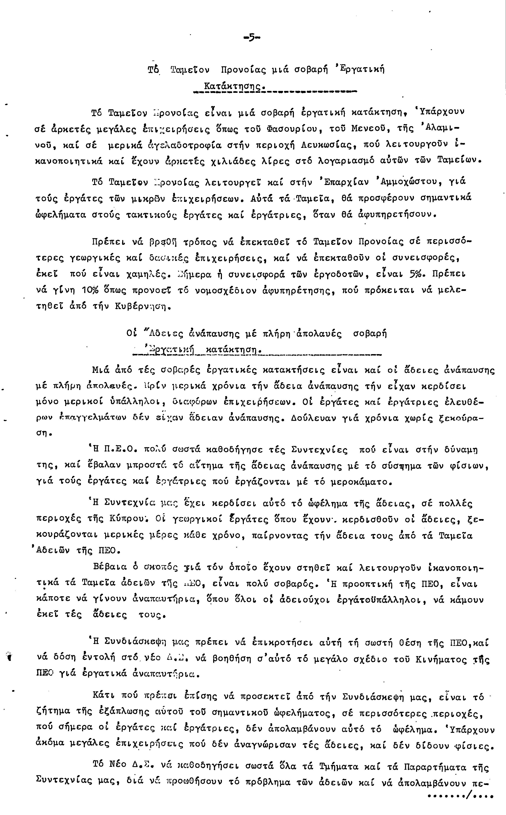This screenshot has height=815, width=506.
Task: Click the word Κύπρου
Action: (x=134, y=519)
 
